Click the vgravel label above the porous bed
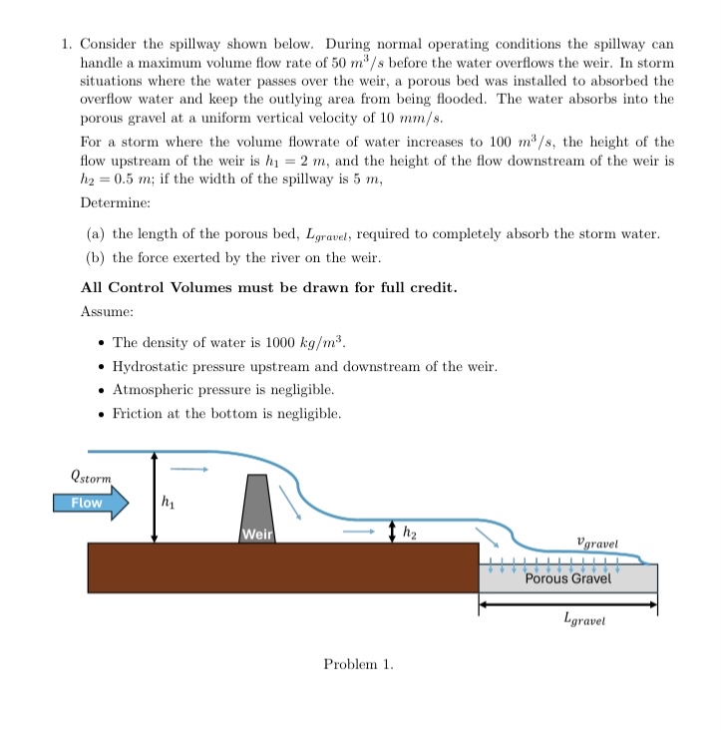[597, 544]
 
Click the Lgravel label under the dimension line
[583, 620]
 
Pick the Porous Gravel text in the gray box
[567, 578]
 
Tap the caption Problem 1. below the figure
[359, 664]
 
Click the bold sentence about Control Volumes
[268, 287]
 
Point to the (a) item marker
[97, 233]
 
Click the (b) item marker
[97, 258]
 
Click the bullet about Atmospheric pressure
[223, 390]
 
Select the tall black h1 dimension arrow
[154, 497]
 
